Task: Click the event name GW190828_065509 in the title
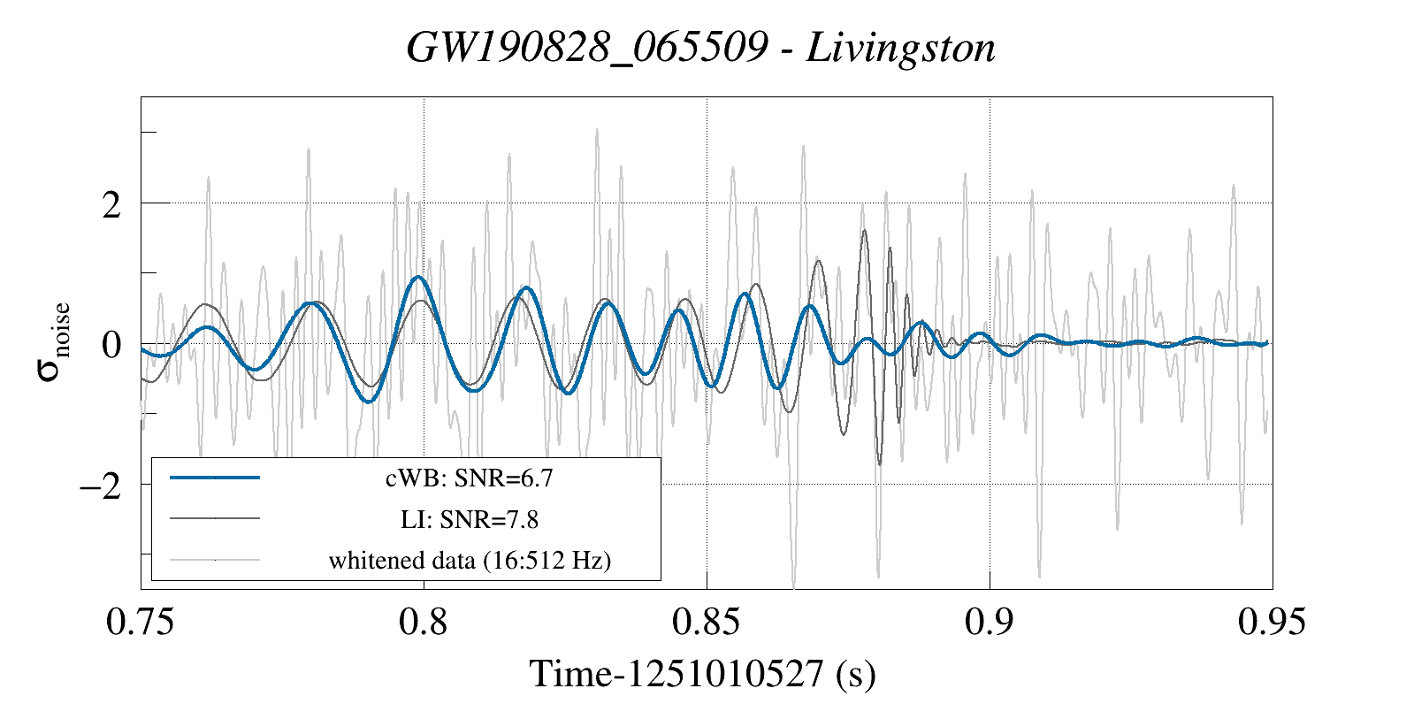click(586, 48)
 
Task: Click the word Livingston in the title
click(901, 48)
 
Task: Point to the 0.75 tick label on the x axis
click(140, 622)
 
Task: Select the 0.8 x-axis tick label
click(424, 622)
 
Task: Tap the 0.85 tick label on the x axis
click(706, 622)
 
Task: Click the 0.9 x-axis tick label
click(990, 622)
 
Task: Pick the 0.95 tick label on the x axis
click(1272, 622)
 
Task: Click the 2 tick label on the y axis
click(111, 205)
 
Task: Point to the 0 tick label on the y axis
click(111, 345)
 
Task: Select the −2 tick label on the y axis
click(100, 486)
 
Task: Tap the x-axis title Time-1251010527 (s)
click(703, 674)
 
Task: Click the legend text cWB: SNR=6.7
click(470, 478)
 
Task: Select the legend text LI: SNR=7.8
click(470, 519)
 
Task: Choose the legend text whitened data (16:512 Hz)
click(470, 560)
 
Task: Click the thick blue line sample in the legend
click(215, 478)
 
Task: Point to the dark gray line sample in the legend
click(215, 518)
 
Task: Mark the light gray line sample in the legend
click(215, 559)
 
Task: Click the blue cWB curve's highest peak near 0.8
click(418, 277)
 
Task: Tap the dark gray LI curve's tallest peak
click(864, 231)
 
